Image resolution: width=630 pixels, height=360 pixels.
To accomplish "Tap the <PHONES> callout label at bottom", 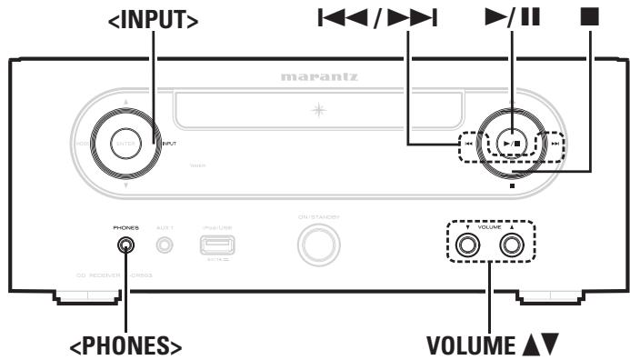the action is (126, 344).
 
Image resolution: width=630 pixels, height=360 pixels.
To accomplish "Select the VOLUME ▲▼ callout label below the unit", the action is (492, 344).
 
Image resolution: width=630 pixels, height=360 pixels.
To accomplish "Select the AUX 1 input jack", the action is (165, 244).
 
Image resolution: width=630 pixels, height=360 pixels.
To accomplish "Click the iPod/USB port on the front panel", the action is (215, 244).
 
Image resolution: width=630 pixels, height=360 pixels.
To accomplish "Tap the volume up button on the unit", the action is (515, 244).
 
